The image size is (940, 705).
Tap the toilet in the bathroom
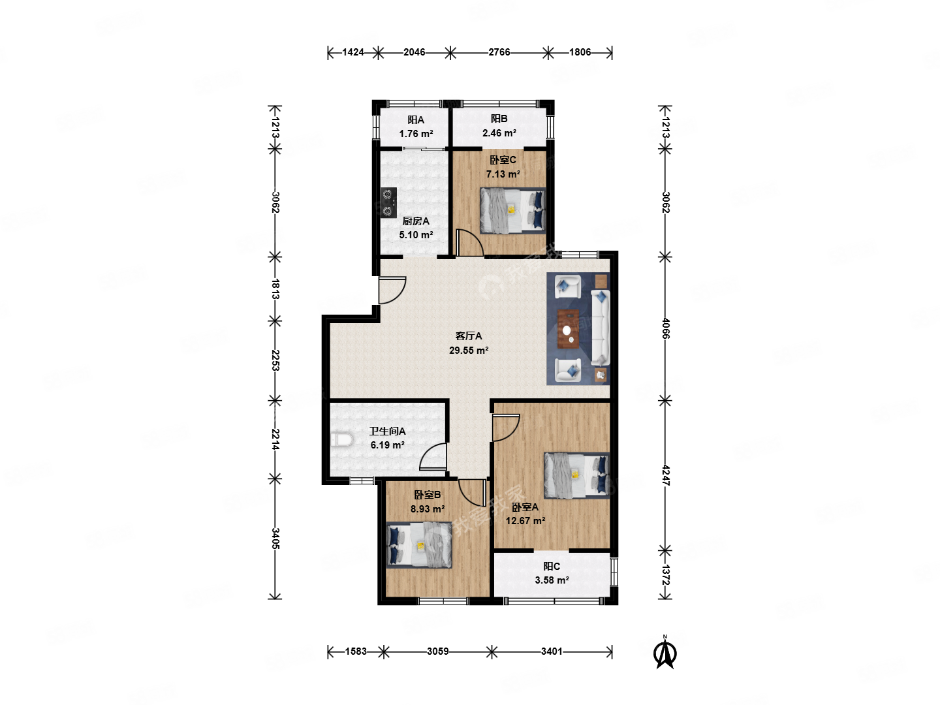coord(342,439)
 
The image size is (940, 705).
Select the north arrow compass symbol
coord(665,652)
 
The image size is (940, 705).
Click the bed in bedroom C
coord(512,211)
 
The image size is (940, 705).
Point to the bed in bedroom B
coord(419,544)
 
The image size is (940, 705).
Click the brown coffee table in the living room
coord(568,329)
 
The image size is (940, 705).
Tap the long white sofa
coord(600,328)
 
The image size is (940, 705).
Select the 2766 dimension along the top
coord(499,52)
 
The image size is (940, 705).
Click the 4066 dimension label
coord(665,328)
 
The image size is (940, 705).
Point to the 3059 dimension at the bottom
coord(437,651)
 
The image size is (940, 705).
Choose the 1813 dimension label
coord(275,289)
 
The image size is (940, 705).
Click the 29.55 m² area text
coord(469,350)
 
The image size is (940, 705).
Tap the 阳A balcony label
coord(415,120)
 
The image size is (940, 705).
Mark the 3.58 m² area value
coord(552,580)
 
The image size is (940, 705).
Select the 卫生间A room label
coord(387,431)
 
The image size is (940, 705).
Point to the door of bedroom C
coord(470,243)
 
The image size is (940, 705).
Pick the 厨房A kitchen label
coord(415,221)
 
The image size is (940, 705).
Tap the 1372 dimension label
coord(665,575)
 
